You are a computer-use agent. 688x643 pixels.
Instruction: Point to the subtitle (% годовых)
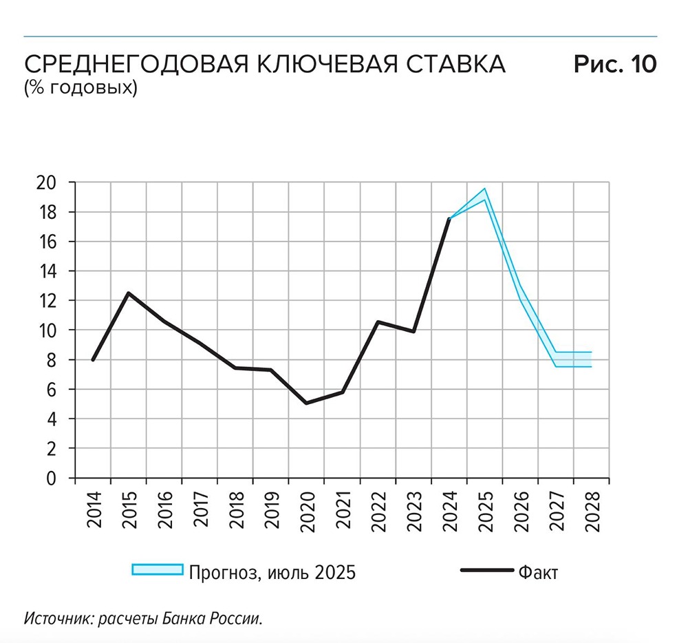pos(80,88)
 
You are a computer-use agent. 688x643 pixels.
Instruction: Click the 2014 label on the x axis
pos(94,510)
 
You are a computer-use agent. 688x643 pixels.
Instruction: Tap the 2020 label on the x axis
pos(307,510)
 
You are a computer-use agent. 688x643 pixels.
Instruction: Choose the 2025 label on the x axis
pos(485,510)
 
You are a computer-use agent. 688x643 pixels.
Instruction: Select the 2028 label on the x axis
pos(592,510)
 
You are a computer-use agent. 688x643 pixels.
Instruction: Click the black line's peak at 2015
pos(128,293)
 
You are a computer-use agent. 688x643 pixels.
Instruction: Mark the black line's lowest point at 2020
pos(306,403)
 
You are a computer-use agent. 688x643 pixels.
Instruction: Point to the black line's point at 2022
pos(378,322)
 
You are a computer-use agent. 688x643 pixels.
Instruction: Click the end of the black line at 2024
pos(449,219)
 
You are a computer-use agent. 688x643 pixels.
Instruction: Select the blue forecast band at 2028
pos(590,359)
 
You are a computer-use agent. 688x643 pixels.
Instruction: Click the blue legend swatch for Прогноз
pos(158,569)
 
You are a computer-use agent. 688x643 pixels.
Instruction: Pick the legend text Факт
pos(538,572)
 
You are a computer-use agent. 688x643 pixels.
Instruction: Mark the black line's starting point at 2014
pos(93,359)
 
